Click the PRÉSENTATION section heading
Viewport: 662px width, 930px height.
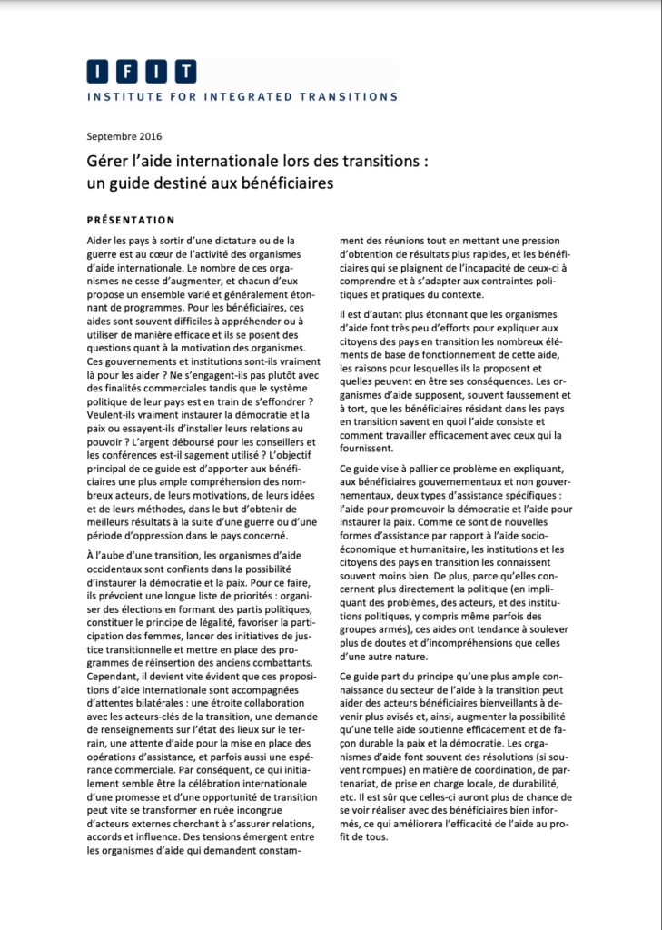pyautogui.click(x=131, y=220)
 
